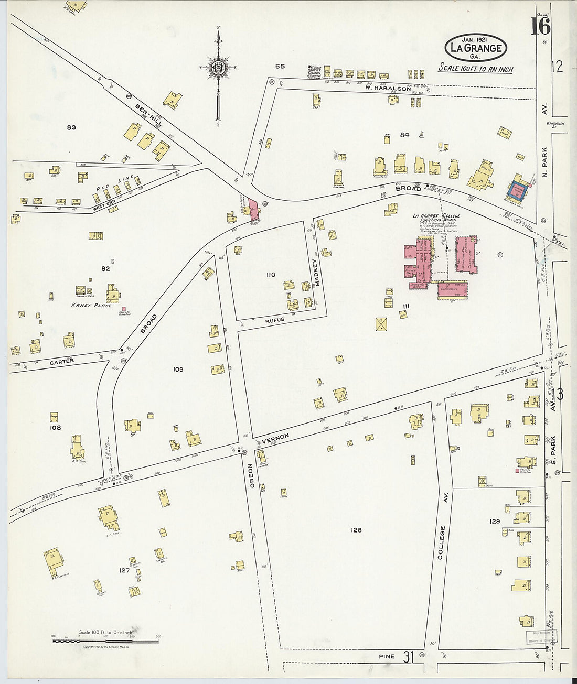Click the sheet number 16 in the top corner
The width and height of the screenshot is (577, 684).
pyautogui.click(x=540, y=26)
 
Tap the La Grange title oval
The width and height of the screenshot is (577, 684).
pyautogui.click(x=475, y=48)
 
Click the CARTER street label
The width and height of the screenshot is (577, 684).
pyautogui.click(x=62, y=361)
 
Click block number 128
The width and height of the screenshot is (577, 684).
pyautogui.click(x=356, y=530)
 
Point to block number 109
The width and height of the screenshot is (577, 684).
pyautogui.click(x=178, y=369)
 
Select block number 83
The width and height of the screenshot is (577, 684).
pyautogui.click(x=71, y=127)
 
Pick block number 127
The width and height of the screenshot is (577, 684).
pyautogui.click(x=124, y=570)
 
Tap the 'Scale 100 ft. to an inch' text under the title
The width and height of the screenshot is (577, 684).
pyautogui.click(x=475, y=69)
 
